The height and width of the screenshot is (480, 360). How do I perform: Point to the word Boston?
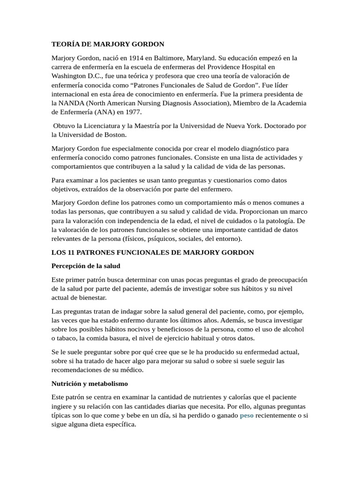pyautogui.click(x=116, y=135)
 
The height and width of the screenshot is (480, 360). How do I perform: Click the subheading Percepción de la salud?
pyautogui.click(x=86, y=266)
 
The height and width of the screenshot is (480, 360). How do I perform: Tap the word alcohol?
pyautogui.click(x=292, y=329)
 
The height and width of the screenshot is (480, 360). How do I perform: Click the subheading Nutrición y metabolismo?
pyautogui.click(x=90, y=383)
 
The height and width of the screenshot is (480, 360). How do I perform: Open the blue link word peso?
pyautogui.click(x=247, y=415)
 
